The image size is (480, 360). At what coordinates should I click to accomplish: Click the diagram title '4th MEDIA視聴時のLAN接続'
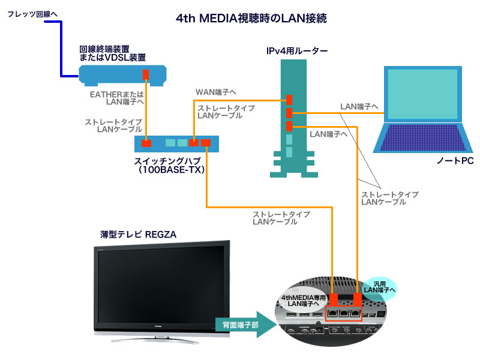[251, 19]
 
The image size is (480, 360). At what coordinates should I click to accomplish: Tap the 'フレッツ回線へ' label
[32, 13]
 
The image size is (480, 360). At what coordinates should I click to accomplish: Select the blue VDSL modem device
[122, 74]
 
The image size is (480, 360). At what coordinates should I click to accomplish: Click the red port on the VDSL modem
[146, 74]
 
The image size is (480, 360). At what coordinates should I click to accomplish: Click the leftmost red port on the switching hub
[146, 143]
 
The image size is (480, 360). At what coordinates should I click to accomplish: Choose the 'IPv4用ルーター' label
[297, 52]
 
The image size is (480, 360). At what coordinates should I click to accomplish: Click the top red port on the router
[289, 100]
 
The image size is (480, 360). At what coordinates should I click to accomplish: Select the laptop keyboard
[420, 139]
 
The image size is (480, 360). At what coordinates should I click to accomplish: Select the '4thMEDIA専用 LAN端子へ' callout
[304, 301]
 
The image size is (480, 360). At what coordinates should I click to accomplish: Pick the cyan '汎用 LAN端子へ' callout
[380, 286]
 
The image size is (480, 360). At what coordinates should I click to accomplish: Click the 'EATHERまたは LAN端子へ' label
[116, 98]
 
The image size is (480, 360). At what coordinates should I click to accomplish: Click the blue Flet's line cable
[61, 48]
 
